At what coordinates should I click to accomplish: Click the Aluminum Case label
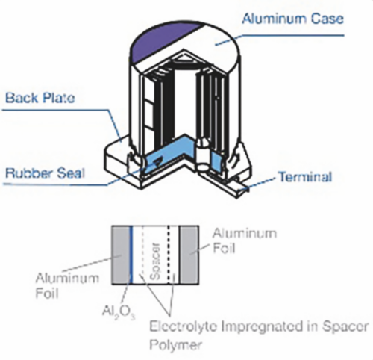(x=293, y=19)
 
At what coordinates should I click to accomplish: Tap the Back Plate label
(x=40, y=98)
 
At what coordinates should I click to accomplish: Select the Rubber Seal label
(x=45, y=173)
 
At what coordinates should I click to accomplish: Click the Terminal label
(x=306, y=177)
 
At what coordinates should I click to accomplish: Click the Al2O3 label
(x=119, y=312)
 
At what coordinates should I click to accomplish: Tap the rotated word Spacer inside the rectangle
(x=156, y=261)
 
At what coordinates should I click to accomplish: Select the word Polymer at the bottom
(x=175, y=344)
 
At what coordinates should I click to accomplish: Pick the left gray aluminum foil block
(x=121, y=255)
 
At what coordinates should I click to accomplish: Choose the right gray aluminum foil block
(x=189, y=255)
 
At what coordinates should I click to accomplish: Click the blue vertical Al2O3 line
(x=131, y=255)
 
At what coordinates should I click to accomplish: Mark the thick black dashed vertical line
(x=169, y=255)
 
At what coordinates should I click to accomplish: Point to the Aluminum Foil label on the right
(x=245, y=240)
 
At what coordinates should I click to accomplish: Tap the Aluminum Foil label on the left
(x=67, y=285)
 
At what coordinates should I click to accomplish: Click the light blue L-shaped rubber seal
(x=172, y=155)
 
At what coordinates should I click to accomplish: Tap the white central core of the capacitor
(x=185, y=105)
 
